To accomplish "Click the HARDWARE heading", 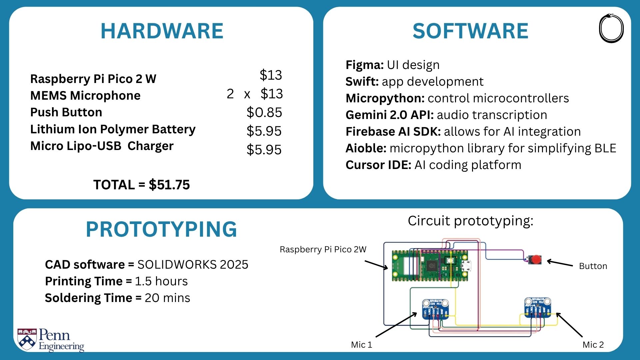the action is point(162,31).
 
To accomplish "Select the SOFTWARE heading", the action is point(470,31).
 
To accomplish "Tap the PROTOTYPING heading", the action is point(161,229).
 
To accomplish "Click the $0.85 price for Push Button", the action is point(264,112).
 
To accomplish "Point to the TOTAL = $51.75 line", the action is point(142,185).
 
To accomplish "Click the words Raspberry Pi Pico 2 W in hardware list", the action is point(93,79).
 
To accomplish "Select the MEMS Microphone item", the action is point(85,96).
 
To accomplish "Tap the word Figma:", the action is point(365,65).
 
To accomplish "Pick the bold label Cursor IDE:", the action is point(378,165).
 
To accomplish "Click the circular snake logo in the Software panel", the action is point(611,28).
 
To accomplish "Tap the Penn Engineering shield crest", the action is point(27,339).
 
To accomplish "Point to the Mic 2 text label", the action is point(593,345).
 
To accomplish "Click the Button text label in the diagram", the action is point(593,266).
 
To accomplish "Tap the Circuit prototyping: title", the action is point(470,221).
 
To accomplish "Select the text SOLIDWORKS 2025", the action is point(193,264).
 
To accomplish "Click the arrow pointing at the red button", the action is point(560,263).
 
